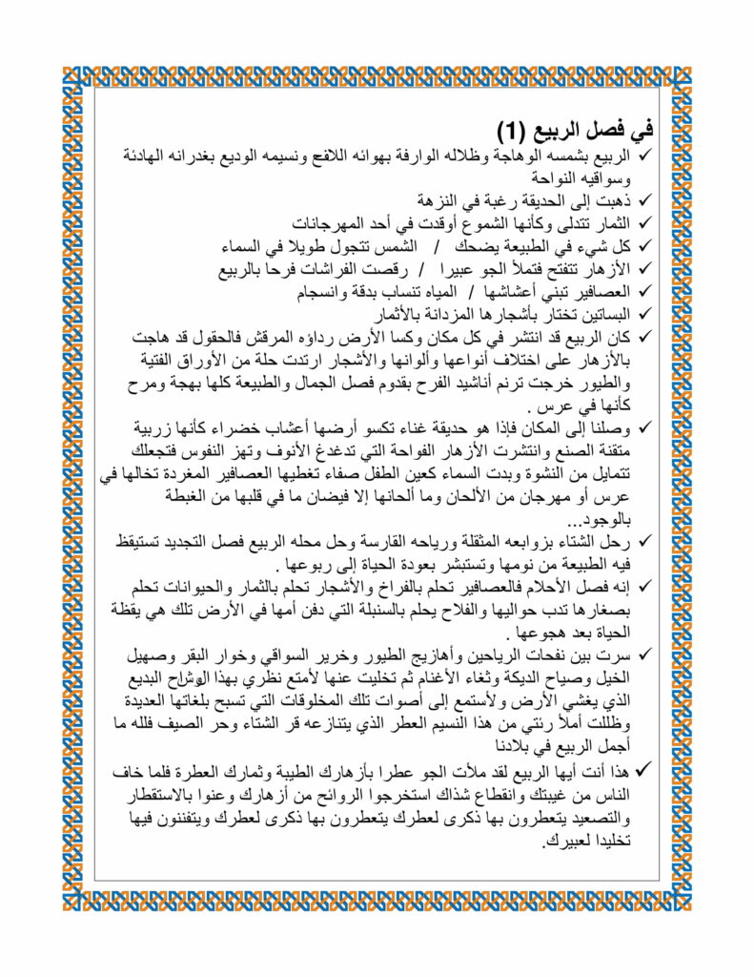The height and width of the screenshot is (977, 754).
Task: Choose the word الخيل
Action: [614, 678]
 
